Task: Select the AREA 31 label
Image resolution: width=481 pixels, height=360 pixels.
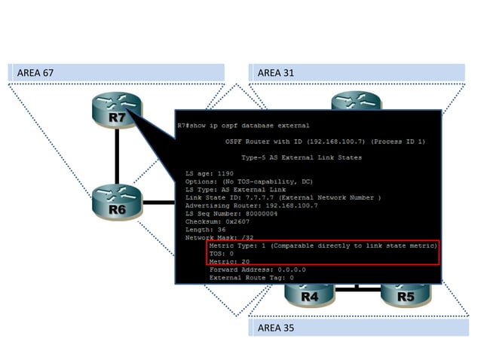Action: point(277,72)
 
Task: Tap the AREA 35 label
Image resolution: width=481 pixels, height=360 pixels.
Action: point(277,328)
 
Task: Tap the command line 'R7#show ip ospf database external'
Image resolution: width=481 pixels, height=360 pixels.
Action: point(243,125)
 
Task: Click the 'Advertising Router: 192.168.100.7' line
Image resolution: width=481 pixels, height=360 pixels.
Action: point(251,206)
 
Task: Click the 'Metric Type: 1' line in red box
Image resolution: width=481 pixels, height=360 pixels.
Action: point(323,246)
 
